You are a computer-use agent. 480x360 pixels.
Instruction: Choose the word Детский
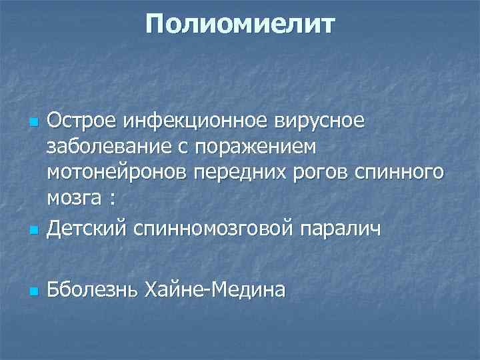click(86, 229)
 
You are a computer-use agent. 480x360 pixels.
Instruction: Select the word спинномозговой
click(210, 229)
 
